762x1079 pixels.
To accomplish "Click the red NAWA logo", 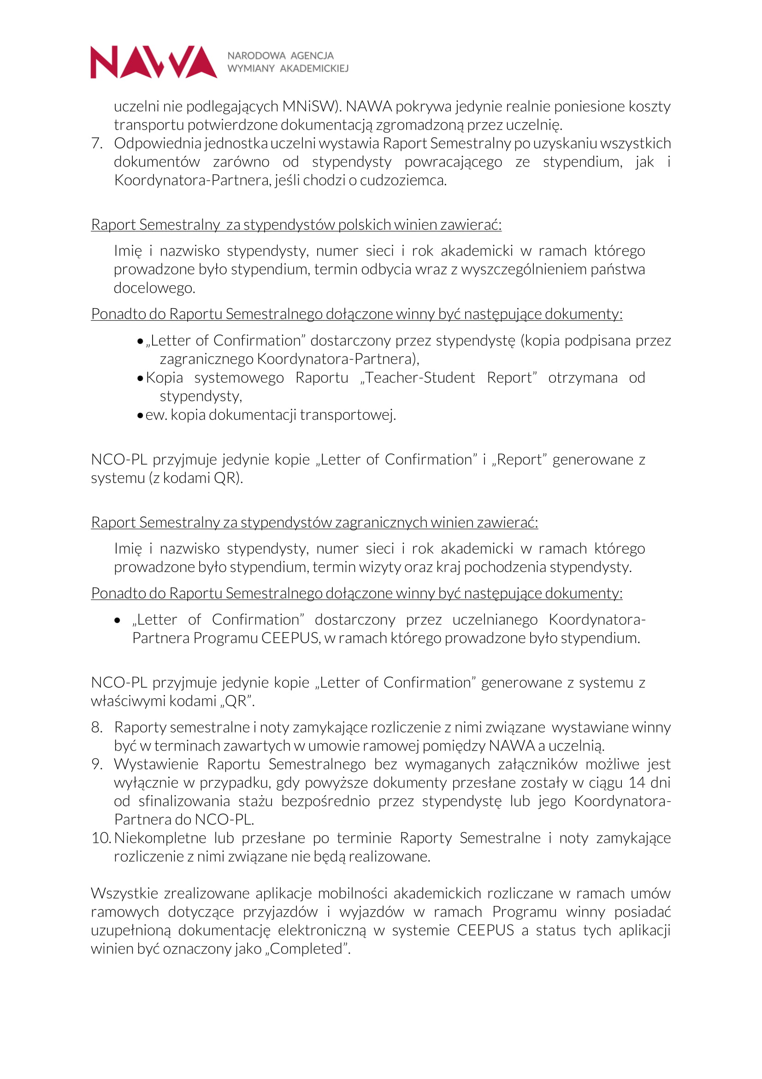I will tap(154, 62).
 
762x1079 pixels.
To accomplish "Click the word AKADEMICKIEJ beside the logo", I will tap(314, 69).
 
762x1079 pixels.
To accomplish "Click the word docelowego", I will tap(154, 288).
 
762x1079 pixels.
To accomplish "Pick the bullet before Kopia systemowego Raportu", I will tap(140, 378).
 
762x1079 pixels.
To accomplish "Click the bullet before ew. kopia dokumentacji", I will tap(140, 416).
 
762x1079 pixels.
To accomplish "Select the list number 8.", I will tap(97, 727).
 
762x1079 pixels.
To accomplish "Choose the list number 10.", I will tap(100, 838).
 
